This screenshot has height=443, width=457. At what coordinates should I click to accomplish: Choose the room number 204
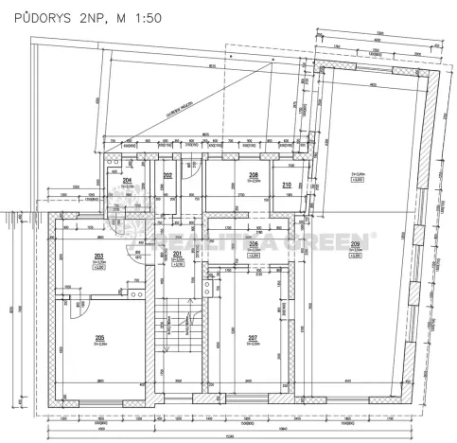[126, 180]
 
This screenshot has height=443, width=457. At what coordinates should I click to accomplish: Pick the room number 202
[167, 176]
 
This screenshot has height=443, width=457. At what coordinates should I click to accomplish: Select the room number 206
[253, 242]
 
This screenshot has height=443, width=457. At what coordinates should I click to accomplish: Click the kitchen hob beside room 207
[210, 283]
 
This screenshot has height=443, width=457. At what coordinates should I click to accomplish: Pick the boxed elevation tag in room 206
[253, 256]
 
